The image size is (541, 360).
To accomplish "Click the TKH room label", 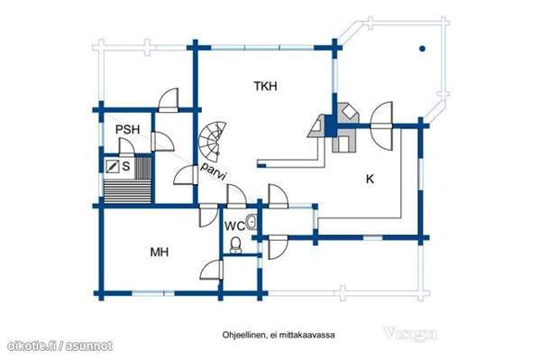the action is (x=265, y=86).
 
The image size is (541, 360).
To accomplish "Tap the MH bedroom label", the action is (x=160, y=252).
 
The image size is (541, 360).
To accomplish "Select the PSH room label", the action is (x=127, y=129).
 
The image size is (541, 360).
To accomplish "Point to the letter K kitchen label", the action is (x=370, y=179).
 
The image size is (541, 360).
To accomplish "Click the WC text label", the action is (x=234, y=226).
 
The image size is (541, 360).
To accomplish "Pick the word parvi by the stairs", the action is (x=214, y=171).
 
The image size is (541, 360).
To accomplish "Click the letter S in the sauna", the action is (x=126, y=166).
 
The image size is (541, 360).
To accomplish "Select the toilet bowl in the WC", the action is (x=236, y=245).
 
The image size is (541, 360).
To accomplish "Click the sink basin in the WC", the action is (x=252, y=222).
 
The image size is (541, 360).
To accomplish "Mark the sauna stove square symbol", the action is (x=112, y=166).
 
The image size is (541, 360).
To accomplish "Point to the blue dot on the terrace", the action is (x=422, y=49).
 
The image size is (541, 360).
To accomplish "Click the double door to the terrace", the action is (x=381, y=126).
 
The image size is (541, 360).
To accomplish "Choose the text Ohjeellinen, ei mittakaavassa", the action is (x=279, y=335).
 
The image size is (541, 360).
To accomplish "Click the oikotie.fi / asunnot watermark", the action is (x=60, y=346).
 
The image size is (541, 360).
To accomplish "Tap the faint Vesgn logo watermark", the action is (x=410, y=334).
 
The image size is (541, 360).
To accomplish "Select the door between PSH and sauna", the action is (x=126, y=147).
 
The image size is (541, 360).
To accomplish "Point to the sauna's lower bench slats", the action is (x=128, y=191).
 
